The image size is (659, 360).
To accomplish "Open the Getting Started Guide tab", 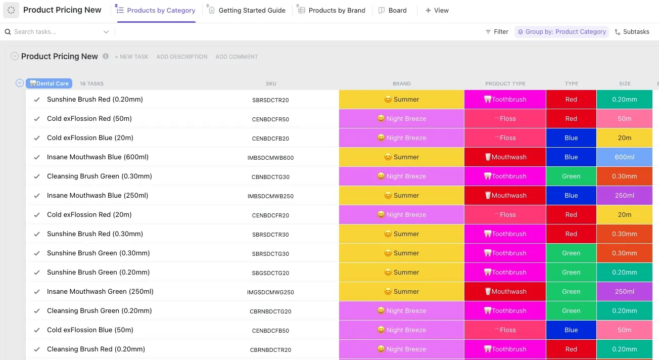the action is pos(247,10).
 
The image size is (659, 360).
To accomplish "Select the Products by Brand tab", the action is pos(332,10).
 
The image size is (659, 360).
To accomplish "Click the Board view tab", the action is pos(393,10).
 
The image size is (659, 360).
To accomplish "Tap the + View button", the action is pos(437,10).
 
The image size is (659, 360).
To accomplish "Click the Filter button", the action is pos(497,32).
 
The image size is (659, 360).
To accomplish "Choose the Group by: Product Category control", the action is pos(561,32).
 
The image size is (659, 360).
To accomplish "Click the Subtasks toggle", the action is pos(632,32).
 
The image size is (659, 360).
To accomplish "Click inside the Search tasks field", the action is pos(58,32).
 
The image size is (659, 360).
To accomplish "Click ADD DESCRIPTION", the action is pos(182,57).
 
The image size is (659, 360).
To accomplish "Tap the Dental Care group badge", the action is pos(49,83).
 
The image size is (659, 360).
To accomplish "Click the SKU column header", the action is pos(271,83).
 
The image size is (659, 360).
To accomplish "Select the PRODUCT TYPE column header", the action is pos(505,83).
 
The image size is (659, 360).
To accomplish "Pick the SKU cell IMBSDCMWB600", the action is pos(270,158).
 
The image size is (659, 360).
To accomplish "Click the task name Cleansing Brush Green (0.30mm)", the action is pos(100,176).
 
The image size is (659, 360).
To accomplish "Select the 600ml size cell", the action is pos(624,157).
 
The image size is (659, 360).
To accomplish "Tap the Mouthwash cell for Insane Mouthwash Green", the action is pos(505,291).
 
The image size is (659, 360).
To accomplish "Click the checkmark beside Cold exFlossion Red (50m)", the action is pos(37,119).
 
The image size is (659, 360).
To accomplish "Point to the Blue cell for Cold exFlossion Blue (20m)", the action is pos(571,138).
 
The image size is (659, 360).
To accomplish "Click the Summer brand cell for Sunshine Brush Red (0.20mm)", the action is pos(402,99).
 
